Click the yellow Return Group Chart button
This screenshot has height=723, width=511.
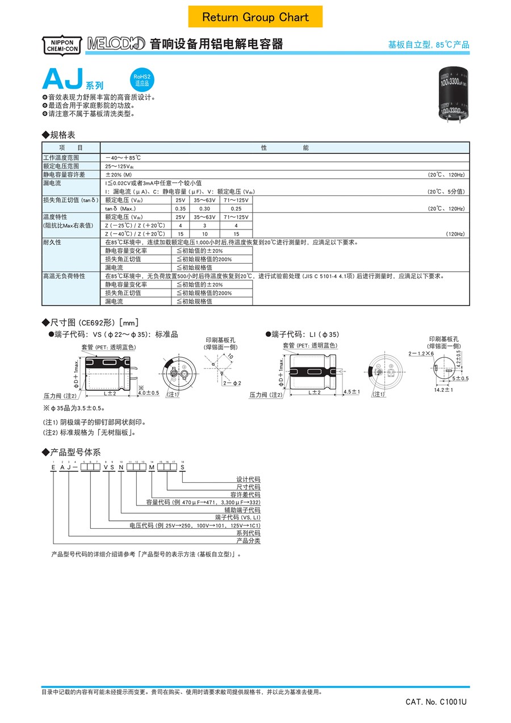tap(256, 17)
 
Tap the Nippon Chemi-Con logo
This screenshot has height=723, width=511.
tap(62, 45)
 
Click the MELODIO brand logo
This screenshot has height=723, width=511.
tap(116, 44)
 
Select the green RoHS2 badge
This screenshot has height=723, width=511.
tap(141, 80)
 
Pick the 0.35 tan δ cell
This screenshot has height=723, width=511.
tap(179, 208)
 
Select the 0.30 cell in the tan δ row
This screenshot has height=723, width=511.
tap(204, 208)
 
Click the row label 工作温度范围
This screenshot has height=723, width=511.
tap(61, 157)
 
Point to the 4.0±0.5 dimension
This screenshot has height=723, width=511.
tap(148, 393)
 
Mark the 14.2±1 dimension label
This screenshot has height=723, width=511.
tap(443, 390)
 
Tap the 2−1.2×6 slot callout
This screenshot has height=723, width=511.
tap(421, 353)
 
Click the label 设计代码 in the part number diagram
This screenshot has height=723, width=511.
tap(248, 479)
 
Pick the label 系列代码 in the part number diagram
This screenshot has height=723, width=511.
tap(248, 533)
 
